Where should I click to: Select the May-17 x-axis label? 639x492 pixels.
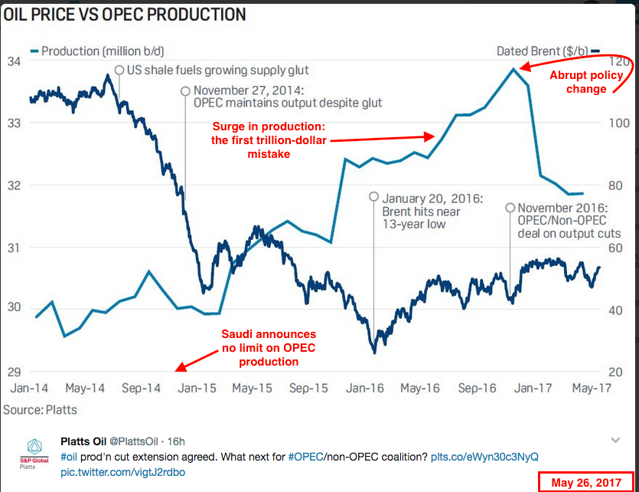(592, 389)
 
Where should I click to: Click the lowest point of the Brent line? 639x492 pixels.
(374, 352)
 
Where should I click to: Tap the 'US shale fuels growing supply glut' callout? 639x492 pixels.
(217, 71)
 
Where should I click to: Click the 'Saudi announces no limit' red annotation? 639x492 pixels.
(268, 348)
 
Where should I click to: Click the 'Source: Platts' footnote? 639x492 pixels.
(40, 410)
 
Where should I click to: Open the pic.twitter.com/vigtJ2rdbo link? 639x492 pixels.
(122, 472)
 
